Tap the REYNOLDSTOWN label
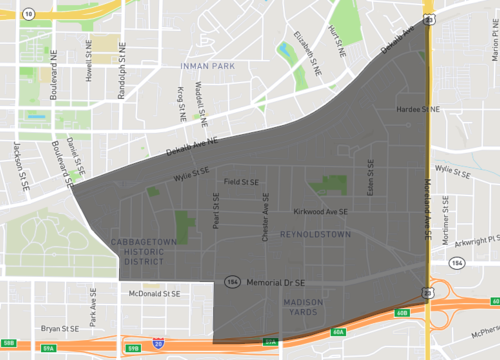tap(315, 233)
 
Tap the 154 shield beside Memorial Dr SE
tap(232, 283)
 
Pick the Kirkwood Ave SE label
tap(320, 212)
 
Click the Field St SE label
tap(241, 182)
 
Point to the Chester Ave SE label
tap(265, 217)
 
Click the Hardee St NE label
tap(418, 108)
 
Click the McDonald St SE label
tap(155, 295)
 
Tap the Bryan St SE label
tap(58, 327)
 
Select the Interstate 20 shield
tap(159, 344)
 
